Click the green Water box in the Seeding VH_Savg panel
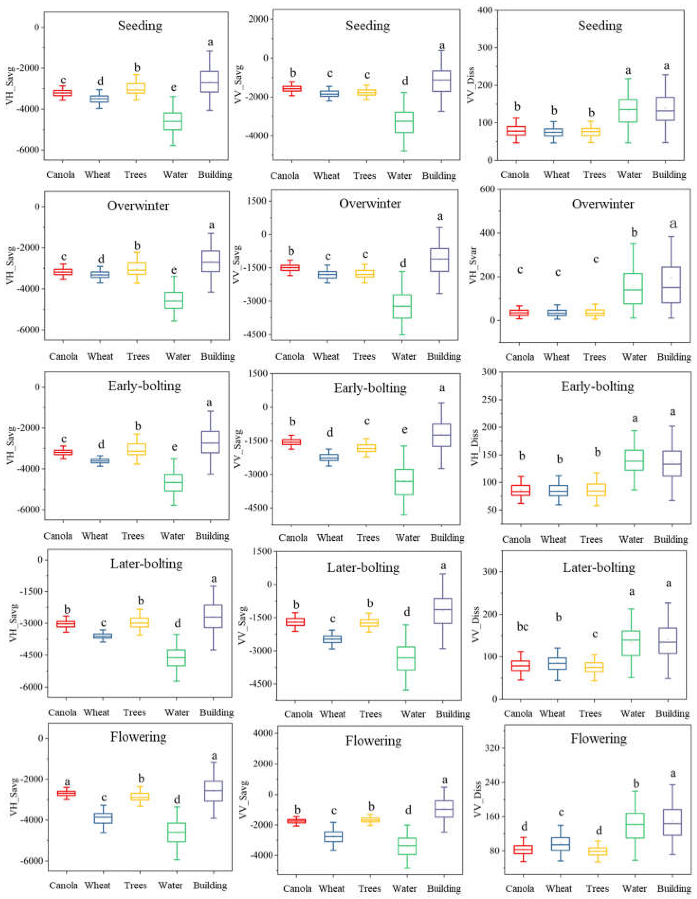[173, 121]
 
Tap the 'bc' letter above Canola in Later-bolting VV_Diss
[522, 627]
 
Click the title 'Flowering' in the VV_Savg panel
[373, 741]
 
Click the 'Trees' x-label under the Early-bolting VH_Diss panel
[591, 539]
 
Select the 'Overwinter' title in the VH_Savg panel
[138, 206]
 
